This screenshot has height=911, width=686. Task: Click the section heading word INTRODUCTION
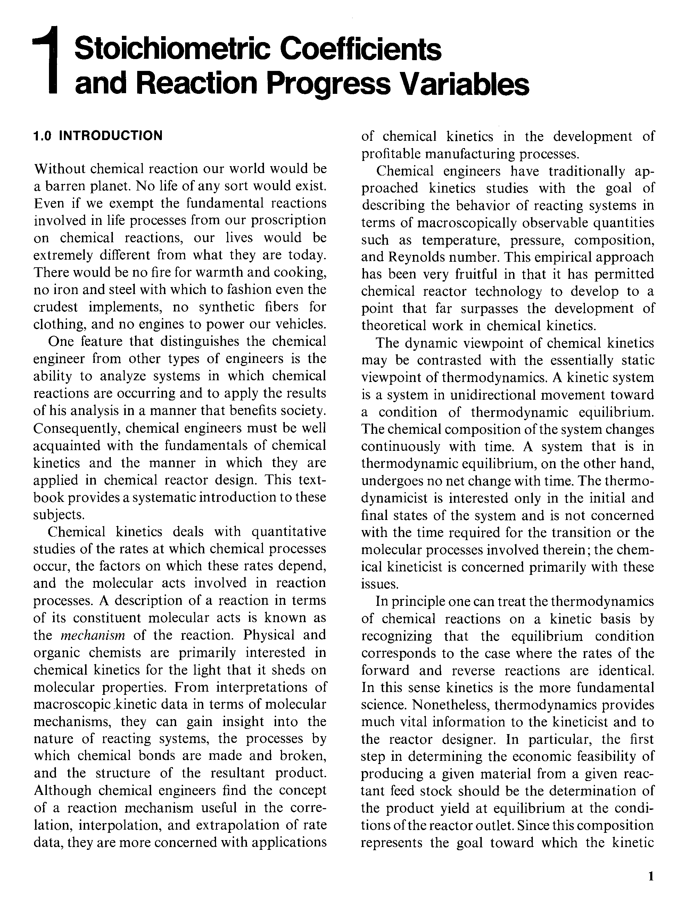coord(111,136)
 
